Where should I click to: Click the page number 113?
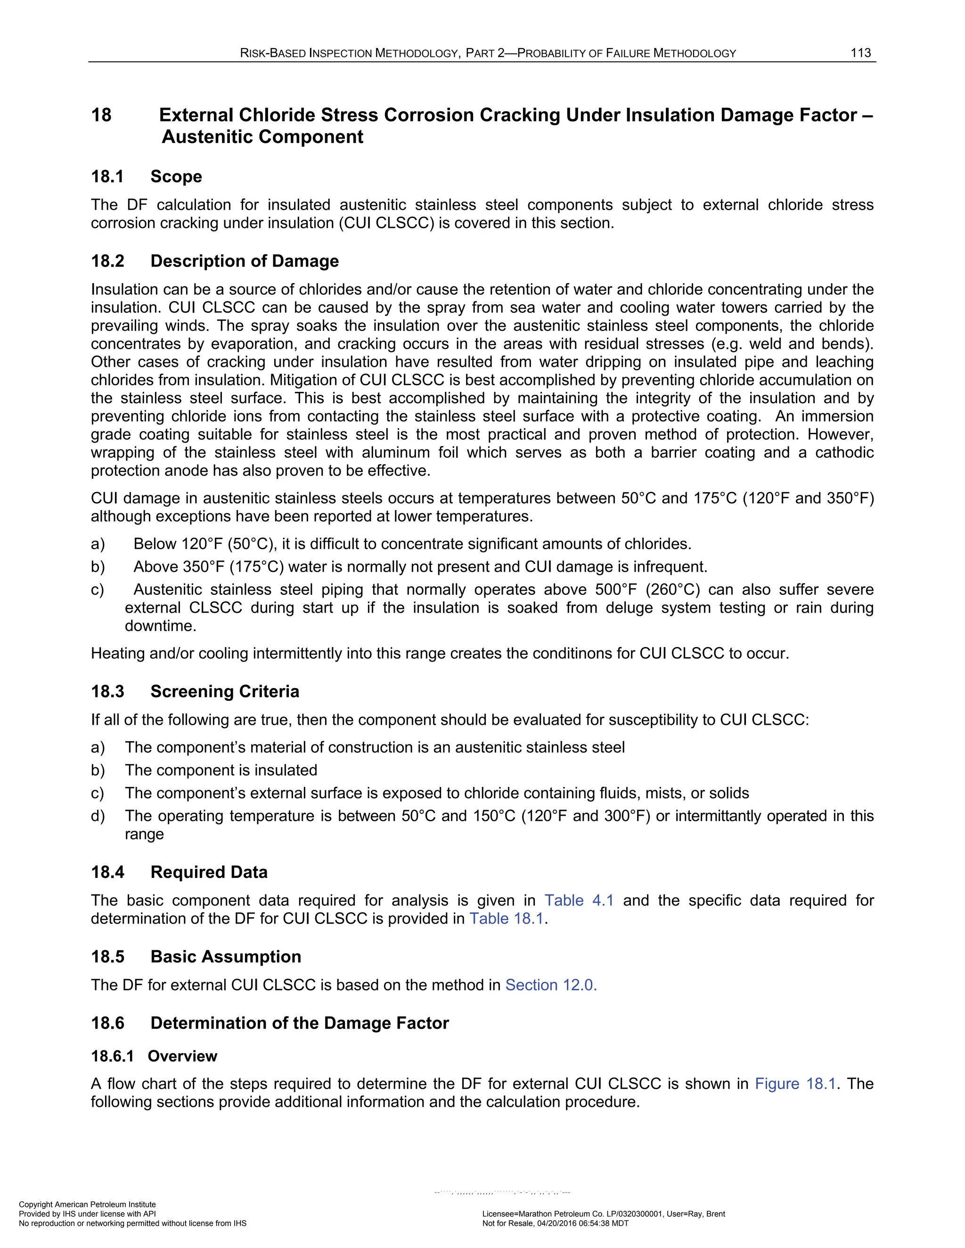(x=860, y=53)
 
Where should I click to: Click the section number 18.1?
(x=107, y=177)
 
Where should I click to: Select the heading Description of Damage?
(x=244, y=261)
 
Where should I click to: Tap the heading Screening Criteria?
(x=224, y=691)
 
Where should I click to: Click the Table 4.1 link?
(x=579, y=900)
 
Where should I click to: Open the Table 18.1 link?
(x=506, y=919)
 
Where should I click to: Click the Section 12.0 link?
(x=550, y=985)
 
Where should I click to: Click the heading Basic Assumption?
(x=225, y=956)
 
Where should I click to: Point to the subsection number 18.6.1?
(x=112, y=1056)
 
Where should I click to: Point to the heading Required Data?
(x=209, y=872)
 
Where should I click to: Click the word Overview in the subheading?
(x=182, y=1056)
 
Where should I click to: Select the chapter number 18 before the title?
(x=101, y=115)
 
